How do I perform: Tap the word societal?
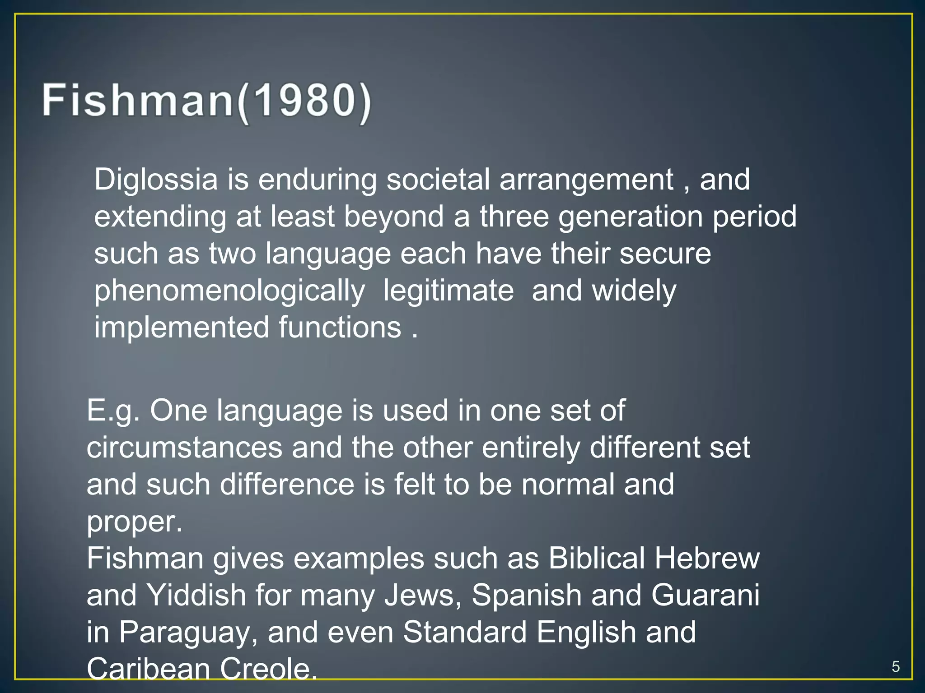click(438, 180)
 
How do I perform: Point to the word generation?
click(631, 217)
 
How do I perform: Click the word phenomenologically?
click(229, 291)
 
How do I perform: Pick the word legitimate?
click(448, 291)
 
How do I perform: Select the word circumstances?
click(184, 448)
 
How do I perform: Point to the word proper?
click(134, 522)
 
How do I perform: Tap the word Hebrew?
click(707, 558)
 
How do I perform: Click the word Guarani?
click(705, 595)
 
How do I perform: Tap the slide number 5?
click(896, 666)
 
